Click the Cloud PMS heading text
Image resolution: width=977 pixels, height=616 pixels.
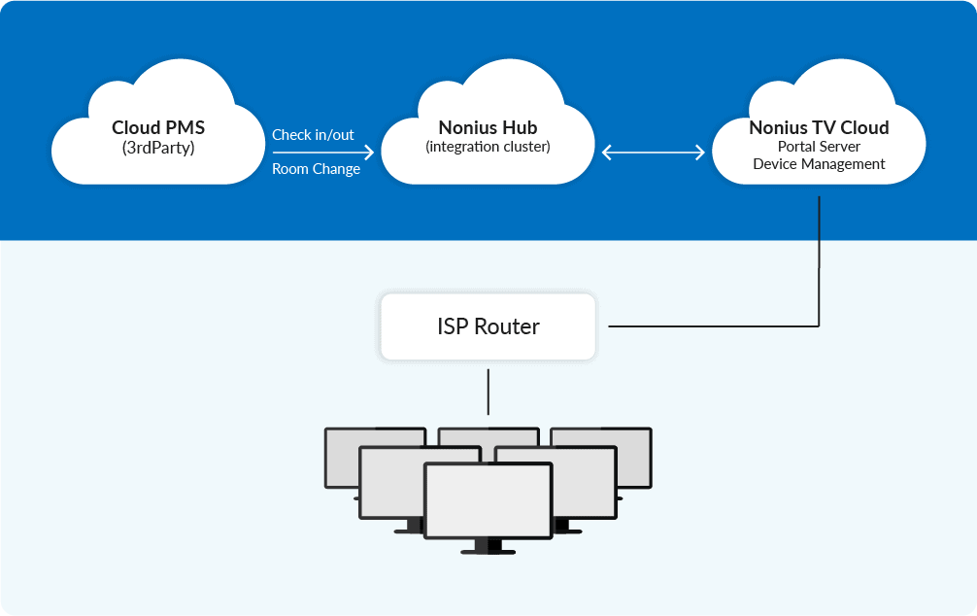[158, 127]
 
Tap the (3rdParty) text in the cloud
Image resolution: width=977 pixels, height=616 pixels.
[158, 148]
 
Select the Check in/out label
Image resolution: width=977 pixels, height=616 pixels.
[313, 135]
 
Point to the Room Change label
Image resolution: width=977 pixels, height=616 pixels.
[316, 169]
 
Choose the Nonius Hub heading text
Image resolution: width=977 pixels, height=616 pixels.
[488, 127]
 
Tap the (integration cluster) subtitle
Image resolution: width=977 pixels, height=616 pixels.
[488, 147]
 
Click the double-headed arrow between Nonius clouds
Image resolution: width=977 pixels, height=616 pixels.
[654, 152]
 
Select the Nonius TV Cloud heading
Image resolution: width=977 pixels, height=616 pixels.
[819, 127]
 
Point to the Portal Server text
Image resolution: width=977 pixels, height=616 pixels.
[819, 147]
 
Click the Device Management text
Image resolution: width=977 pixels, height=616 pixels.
[819, 164]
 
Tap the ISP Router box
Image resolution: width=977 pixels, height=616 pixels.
[488, 326]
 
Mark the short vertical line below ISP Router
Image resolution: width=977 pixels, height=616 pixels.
[488, 391]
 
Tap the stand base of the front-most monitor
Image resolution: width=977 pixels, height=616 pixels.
[488, 551]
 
